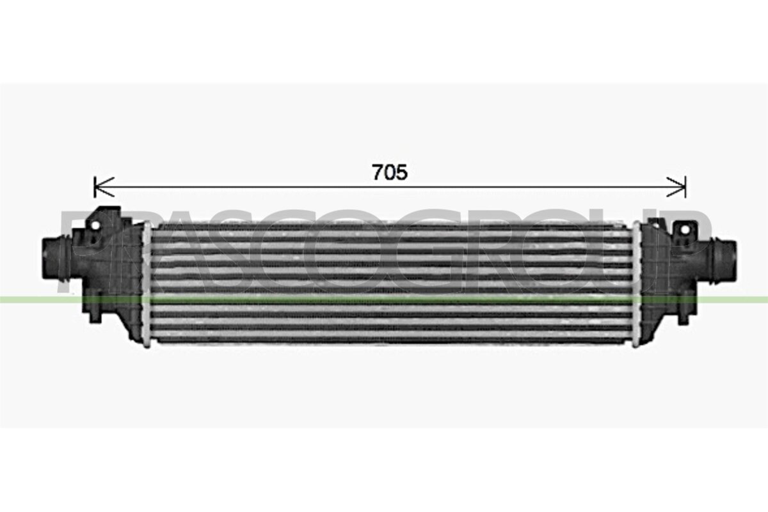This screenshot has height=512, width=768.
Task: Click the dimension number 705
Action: pos(390,172)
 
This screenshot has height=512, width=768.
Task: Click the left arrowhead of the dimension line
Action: pos(104,188)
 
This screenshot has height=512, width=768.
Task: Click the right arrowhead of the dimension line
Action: pos(676,188)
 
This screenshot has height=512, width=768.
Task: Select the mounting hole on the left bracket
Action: pos(95,225)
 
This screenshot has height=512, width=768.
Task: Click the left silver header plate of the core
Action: pos(147,284)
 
